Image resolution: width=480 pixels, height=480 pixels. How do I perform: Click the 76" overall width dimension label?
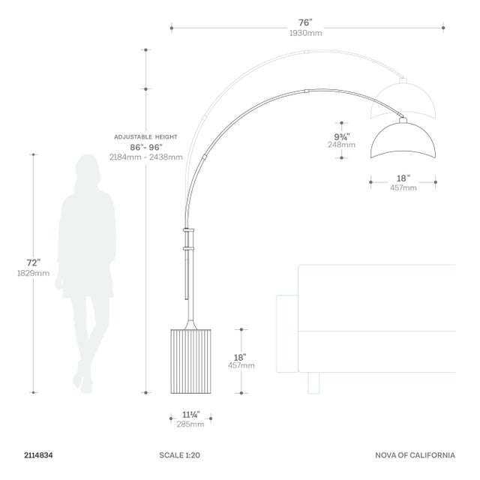click(x=305, y=22)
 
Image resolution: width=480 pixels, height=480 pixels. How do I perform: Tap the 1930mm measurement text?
click(x=306, y=33)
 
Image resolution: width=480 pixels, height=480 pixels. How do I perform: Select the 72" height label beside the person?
click(x=33, y=262)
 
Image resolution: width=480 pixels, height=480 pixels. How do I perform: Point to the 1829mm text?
click(x=33, y=273)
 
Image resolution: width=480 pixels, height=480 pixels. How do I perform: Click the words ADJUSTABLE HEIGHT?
click(x=145, y=136)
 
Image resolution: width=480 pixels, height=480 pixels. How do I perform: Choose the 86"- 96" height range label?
click(x=146, y=147)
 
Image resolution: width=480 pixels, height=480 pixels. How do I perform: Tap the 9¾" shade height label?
click(x=342, y=136)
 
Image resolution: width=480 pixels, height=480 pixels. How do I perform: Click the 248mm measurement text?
click(x=342, y=145)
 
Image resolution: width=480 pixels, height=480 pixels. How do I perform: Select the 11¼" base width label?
click(x=191, y=415)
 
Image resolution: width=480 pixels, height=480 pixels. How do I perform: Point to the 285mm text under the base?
click(x=190, y=424)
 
